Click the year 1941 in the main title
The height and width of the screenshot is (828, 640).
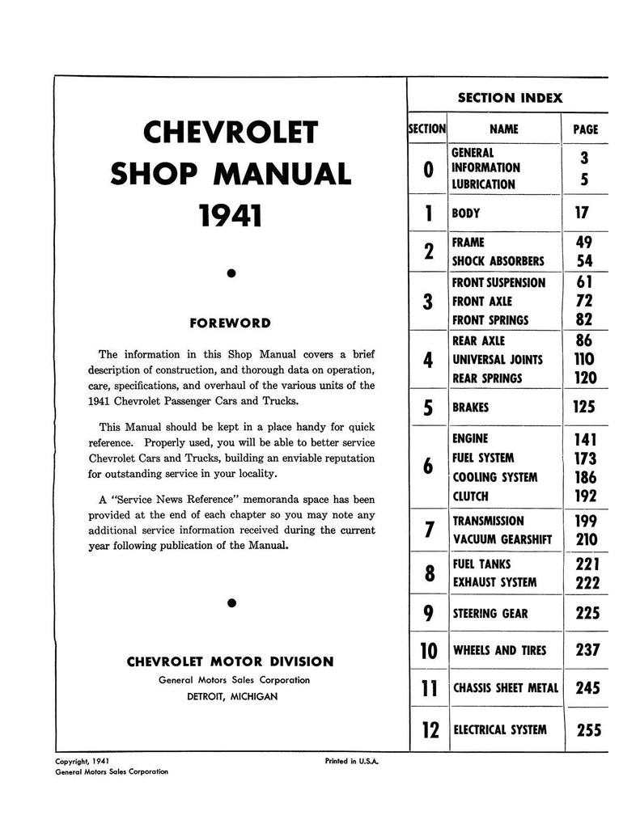click(231, 217)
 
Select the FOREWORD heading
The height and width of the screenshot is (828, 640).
click(231, 323)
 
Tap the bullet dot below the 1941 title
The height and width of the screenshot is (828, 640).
click(231, 274)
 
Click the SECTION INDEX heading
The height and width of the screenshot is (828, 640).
click(510, 98)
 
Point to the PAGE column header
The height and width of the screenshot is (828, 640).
click(585, 129)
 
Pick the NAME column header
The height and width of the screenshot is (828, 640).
click(504, 129)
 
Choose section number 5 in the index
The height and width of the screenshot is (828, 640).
click(428, 408)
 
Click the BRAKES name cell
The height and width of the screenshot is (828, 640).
click(471, 408)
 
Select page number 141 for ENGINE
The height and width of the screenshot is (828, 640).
click(585, 440)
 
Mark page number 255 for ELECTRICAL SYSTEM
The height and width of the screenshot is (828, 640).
click(588, 730)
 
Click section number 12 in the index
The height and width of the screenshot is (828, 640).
click(430, 730)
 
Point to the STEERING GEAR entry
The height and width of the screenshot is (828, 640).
click(490, 614)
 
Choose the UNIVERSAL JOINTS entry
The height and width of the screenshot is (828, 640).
click(498, 360)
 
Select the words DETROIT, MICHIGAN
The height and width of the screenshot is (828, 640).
click(231, 696)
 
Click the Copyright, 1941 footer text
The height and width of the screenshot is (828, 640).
click(82, 761)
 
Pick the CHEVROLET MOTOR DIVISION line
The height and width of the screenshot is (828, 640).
click(231, 661)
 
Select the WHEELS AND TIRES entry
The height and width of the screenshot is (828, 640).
click(499, 651)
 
